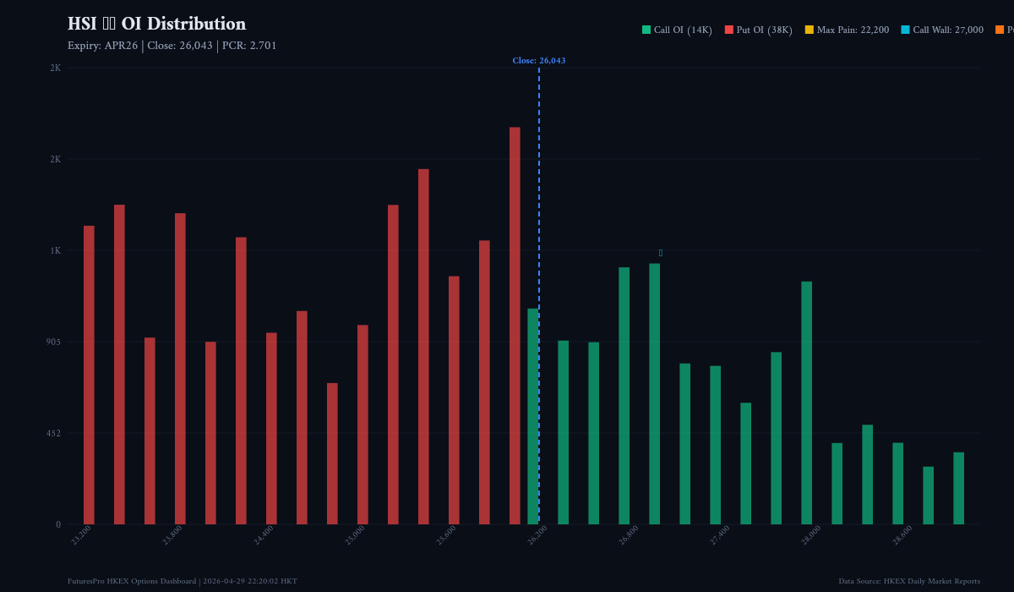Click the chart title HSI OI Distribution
[156, 25]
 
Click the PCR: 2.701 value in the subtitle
[249, 46]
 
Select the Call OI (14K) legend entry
[677, 30]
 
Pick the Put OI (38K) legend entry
[758, 30]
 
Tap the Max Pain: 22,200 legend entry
[846, 30]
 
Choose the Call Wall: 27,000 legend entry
[941, 30]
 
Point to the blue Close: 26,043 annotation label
[538, 61]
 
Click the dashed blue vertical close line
[539, 211]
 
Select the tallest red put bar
[515, 326]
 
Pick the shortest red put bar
[332, 453]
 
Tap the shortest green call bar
[928, 495]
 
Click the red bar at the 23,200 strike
[89, 375]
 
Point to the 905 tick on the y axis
[53, 342]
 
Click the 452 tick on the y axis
[53, 433]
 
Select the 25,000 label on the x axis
[355, 535]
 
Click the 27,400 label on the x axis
[720, 535]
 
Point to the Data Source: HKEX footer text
[909, 581]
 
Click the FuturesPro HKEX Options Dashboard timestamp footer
[183, 581]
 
